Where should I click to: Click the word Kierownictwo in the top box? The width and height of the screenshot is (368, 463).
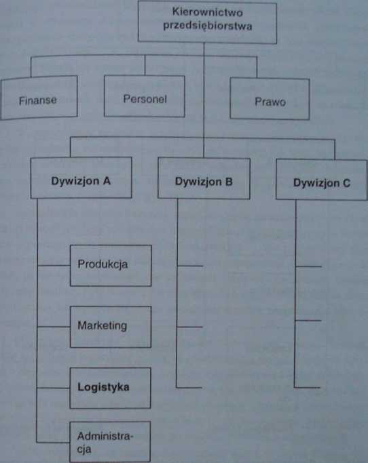click(207, 12)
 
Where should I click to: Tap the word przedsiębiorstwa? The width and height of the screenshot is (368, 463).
click(208, 26)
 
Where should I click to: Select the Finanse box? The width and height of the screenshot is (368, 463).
click(39, 98)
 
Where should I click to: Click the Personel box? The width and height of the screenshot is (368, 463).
click(145, 96)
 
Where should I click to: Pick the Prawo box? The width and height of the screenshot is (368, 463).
click(270, 98)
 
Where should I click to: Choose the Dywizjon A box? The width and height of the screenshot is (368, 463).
click(81, 178)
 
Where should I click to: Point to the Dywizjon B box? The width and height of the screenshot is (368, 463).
click(204, 178)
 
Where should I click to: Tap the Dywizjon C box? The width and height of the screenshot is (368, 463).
click(322, 180)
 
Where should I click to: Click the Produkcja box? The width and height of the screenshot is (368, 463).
click(111, 266)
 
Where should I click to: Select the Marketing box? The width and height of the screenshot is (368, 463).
click(111, 327)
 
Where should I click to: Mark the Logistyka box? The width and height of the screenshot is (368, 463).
click(111, 388)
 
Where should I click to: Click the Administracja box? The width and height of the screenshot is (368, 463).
click(110, 442)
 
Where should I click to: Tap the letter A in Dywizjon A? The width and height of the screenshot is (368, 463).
click(107, 181)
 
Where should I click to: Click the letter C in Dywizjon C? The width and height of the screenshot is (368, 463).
click(346, 183)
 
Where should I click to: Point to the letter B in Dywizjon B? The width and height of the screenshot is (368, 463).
click(229, 181)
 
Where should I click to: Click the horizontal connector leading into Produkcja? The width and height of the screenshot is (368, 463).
click(54, 266)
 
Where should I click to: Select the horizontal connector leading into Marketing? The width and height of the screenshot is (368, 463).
click(54, 327)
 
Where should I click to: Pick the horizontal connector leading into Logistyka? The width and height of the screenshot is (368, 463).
click(53, 388)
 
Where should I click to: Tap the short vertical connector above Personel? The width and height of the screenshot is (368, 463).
click(145, 65)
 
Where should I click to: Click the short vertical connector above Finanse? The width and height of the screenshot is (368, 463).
click(31, 67)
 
